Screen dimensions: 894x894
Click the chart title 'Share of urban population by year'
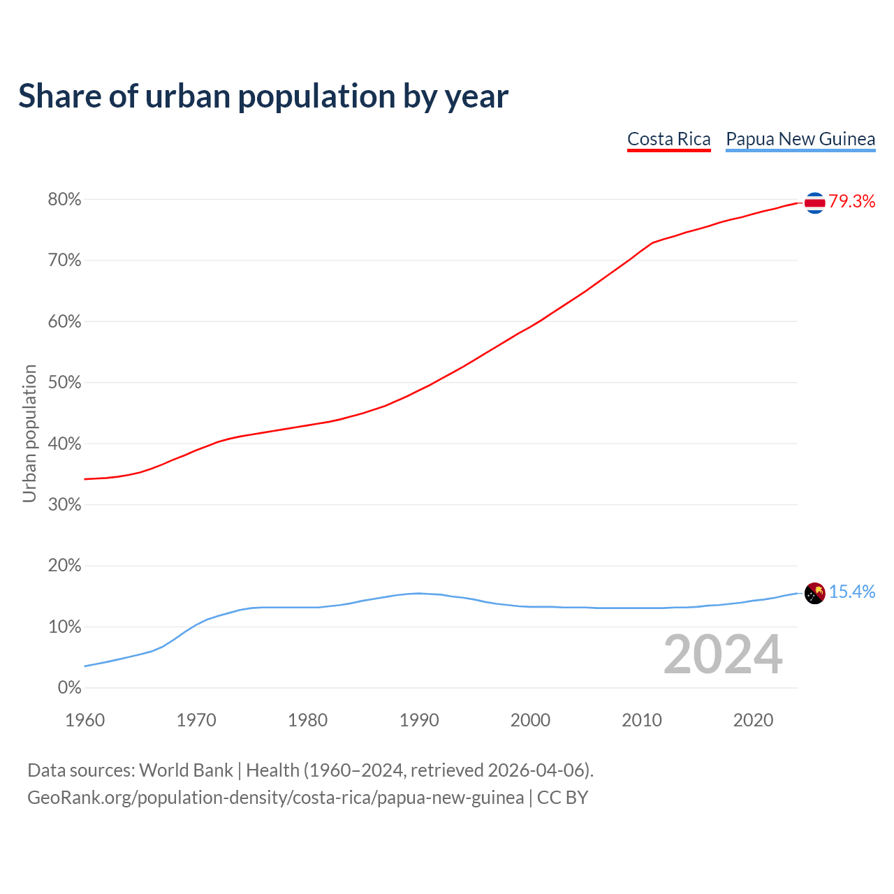click(x=263, y=96)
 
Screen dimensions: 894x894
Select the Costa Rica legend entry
click(x=668, y=139)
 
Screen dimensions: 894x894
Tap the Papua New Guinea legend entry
click(x=800, y=139)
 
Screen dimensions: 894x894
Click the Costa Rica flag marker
click(x=814, y=203)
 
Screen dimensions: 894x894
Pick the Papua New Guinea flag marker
click(x=814, y=593)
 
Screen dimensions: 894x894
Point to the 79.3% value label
click(x=851, y=202)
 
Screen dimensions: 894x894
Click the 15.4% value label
click(x=851, y=592)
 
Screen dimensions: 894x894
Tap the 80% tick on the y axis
click(x=64, y=200)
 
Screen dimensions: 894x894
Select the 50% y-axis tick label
click(x=64, y=383)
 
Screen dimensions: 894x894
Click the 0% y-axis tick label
click(x=69, y=688)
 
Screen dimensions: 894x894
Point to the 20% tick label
click(x=64, y=566)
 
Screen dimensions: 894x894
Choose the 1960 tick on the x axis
click(x=85, y=720)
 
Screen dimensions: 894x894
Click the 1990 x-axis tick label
click(x=419, y=720)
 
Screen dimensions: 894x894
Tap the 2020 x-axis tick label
click(x=753, y=720)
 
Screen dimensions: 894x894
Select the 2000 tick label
click(x=530, y=720)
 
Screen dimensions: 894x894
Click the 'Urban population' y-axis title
click(x=29, y=433)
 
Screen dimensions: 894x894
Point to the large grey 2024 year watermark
click(x=723, y=654)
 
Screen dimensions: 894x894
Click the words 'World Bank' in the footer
click(x=186, y=770)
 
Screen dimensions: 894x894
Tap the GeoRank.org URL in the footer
click(x=275, y=798)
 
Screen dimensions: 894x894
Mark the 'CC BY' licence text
click(x=562, y=798)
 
